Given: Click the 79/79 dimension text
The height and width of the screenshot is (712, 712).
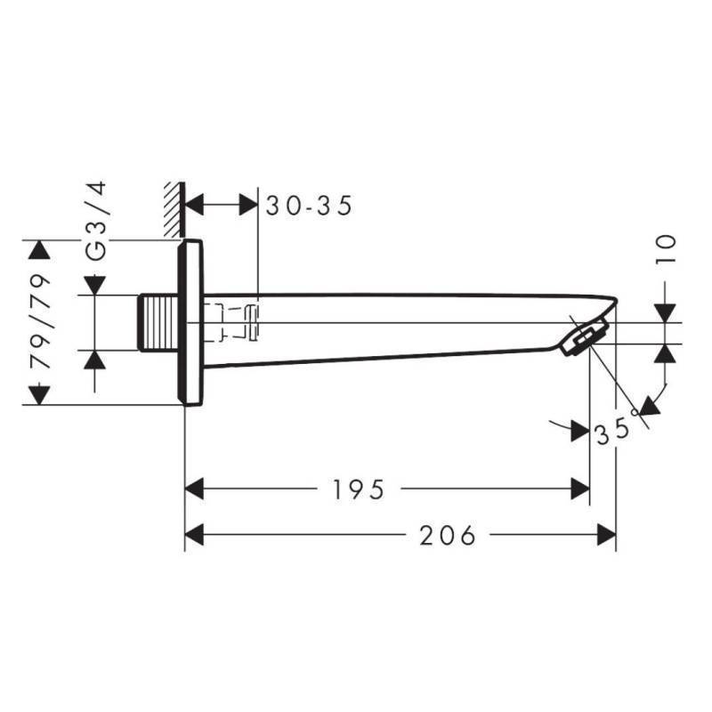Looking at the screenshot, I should click(x=41, y=321).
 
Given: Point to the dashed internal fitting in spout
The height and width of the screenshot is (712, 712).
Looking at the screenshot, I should click(x=233, y=321).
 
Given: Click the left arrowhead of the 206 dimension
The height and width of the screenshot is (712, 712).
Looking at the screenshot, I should click(x=195, y=536).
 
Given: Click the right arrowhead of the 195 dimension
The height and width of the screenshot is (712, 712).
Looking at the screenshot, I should click(x=579, y=489).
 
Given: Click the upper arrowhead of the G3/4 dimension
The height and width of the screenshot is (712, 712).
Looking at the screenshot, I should click(x=95, y=285).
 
